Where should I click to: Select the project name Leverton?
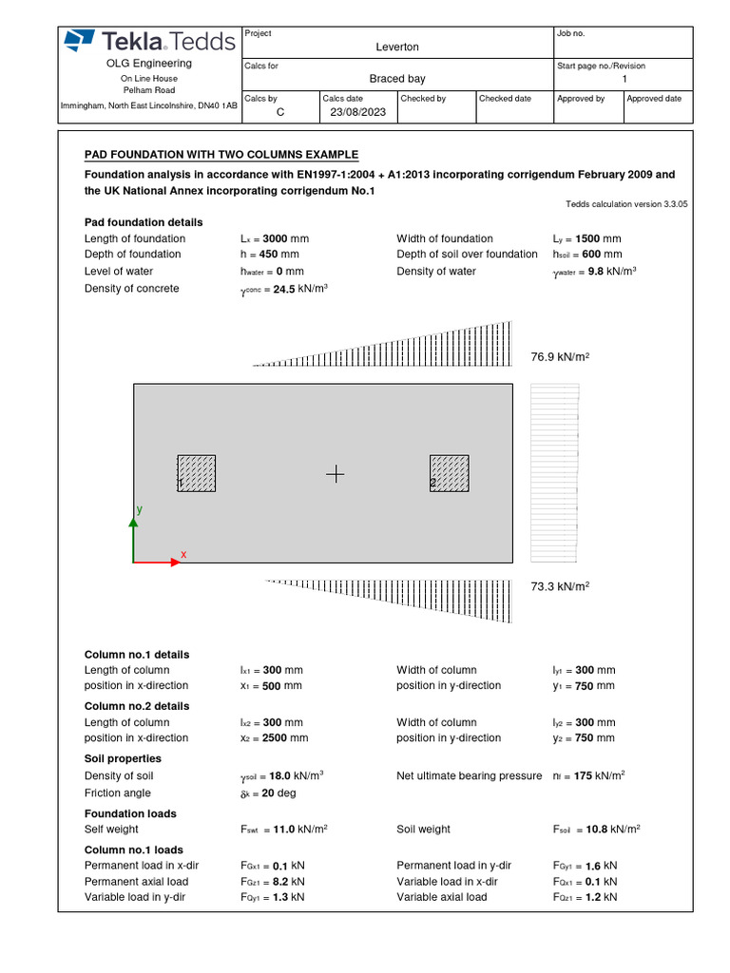[x=397, y=47]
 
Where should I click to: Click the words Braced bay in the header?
[x=397, y=79]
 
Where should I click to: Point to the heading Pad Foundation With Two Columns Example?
[x=221, y=155]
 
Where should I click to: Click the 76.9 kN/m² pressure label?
[x=560, y=356]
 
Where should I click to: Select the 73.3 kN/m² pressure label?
[x=560, y=587]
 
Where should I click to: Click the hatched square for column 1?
[x=197, y=474]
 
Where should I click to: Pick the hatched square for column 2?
[x=450, y=474]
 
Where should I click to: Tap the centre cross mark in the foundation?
[x=336, y=474]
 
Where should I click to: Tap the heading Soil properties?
[x=123, y=758]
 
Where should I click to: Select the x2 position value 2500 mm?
[x=285, y=737]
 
